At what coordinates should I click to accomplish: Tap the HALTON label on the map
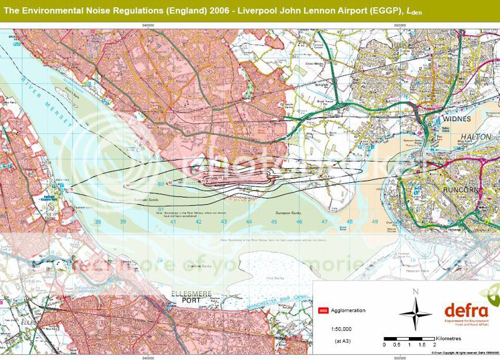point(457,136)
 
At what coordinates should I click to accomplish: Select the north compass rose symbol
point(415,312)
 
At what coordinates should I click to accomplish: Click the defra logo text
point(466,311)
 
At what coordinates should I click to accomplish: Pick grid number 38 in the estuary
point(98,222)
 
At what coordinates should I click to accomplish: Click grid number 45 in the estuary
point(274,222)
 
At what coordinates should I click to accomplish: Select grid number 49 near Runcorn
point(375,222)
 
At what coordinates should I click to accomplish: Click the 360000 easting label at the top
point(400,25)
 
